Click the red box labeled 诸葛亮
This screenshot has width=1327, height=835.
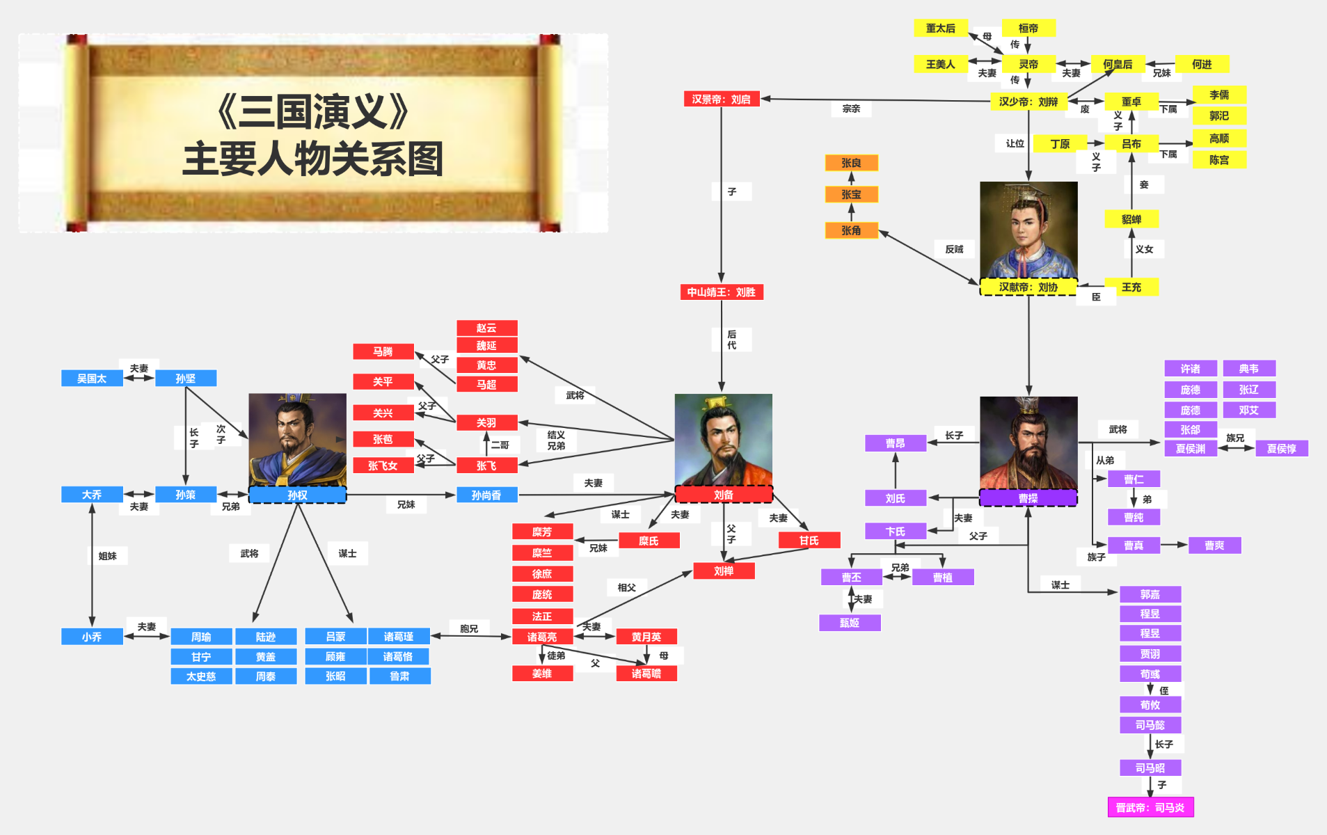pyautogui.click(x=542, y=637)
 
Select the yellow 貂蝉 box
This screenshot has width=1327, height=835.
pyautogui.click(x=1131, y=219)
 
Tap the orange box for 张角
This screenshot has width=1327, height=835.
pyautogui.click(x=851, y=230)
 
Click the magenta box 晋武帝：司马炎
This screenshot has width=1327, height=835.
pyautogui.click(x=1150, y=807)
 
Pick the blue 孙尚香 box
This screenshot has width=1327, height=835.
pyautogui.click(x=486, y=495)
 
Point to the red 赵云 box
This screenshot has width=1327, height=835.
pyautogui.click(x=486, y=328)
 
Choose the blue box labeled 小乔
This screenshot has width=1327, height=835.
pyautogui.click(x=92, y=637)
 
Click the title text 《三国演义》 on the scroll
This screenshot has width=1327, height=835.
pyautogui.click(x=312, y=111)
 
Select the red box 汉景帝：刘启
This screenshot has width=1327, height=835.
pyautogui.click(x=721, y=100)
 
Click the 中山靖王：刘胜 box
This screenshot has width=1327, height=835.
pyautogui.click(x=721, y=292)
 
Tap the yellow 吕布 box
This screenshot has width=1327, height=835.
pyautogui.click(x=1131, y=143)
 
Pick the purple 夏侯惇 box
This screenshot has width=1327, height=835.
pyautogui.click(x=1282, y=449)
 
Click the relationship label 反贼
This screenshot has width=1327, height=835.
pyautogui.click(x=954, y=249)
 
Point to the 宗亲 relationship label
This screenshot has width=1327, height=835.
pyautogui.click(x=851, y=109)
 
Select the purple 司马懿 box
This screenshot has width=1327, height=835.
pyautogui.click(x=1150, y=725)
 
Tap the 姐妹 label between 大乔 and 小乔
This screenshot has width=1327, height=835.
pyautogui.click(x=107, y=556)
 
